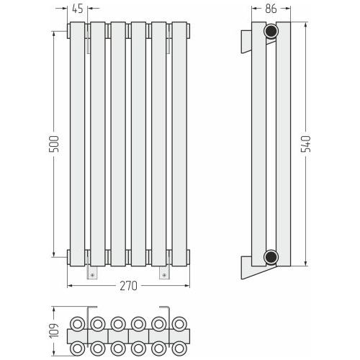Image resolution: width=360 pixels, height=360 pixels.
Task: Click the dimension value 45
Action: (78, 9)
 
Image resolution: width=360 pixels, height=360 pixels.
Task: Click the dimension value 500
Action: (54, 144)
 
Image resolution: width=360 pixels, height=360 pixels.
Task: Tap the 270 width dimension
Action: (129, 286)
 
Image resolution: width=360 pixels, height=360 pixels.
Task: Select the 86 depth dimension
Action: (271, 9)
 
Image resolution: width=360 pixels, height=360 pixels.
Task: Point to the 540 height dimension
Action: (306, 144)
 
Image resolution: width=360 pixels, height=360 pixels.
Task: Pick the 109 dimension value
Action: (54, 330)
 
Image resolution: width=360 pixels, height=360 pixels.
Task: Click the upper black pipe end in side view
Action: (271, 31)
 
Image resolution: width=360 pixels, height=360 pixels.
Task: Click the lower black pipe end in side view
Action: (271, 257)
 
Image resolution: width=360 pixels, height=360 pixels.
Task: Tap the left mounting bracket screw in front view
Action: (92, 275)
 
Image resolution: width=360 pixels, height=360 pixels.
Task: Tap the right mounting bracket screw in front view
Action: (164, 275)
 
